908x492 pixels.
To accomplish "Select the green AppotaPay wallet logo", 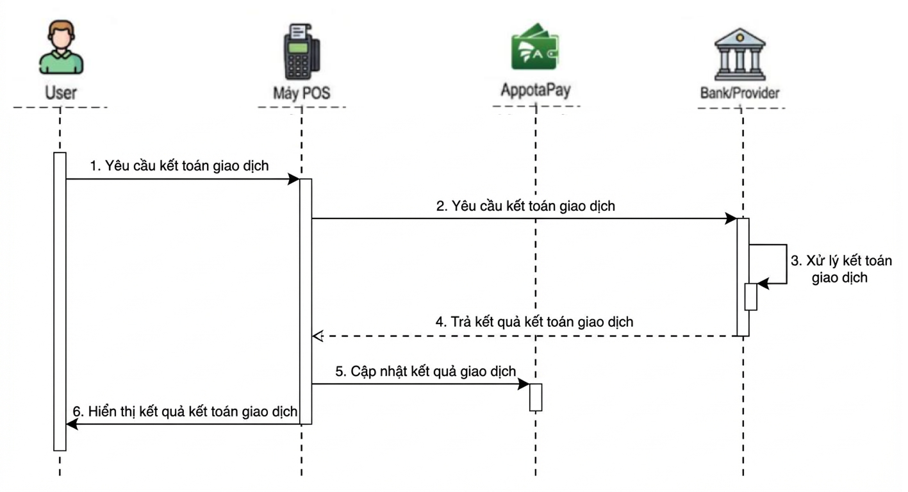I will click(x=535, y=46).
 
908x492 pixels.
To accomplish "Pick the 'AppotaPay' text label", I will click(x=535, y=90).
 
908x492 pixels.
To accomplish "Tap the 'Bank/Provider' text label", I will click(x=739, y=94).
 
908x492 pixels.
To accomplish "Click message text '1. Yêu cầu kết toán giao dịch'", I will click(x=179, y=166).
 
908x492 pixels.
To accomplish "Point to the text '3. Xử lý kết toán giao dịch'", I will click(x=840, y=269).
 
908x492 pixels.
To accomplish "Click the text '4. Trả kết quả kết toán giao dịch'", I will click(x=534, y=322).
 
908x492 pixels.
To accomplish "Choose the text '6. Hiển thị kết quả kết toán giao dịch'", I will click(x=185, y=411).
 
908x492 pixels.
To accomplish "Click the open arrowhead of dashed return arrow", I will click(x=317, y=336).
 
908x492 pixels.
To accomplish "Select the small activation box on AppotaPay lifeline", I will click(x=536, y=397).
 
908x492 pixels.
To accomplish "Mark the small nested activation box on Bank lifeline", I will click(x=751, y=297).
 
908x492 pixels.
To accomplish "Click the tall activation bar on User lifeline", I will click(x=60, y=301).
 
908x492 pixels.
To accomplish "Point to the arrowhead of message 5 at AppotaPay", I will click(x=524, y=384).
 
